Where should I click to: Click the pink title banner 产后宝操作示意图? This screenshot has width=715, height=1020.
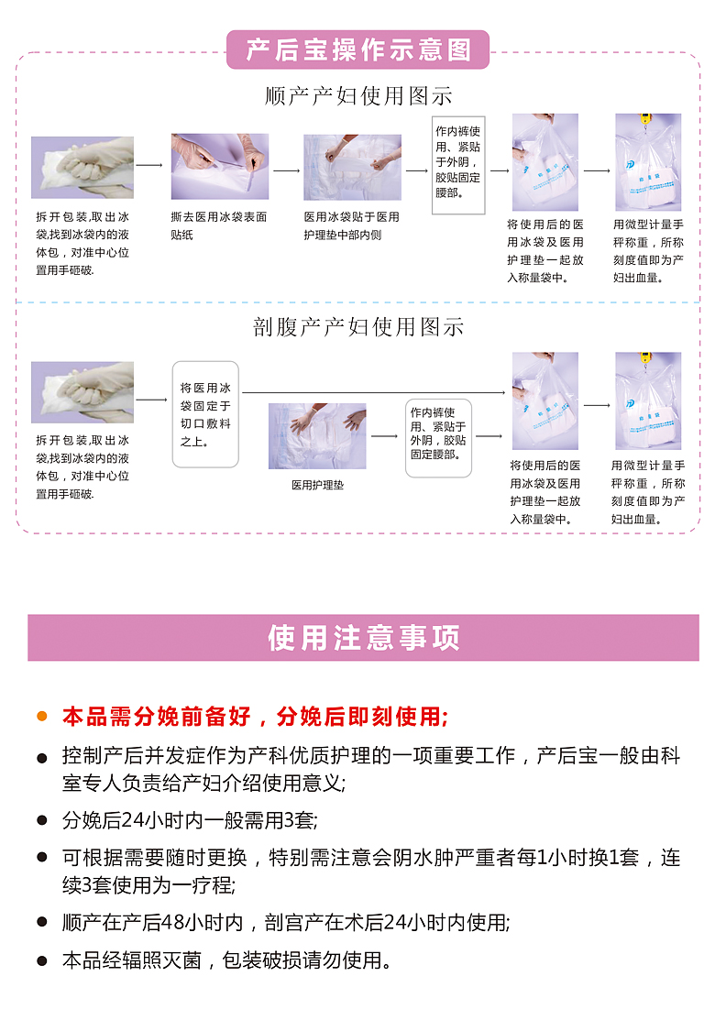coord(357,49)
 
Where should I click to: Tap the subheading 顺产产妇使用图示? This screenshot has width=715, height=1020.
coord(358,96)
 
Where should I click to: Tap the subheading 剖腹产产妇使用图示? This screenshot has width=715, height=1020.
coord(358,326)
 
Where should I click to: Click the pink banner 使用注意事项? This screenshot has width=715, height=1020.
coord(363,638)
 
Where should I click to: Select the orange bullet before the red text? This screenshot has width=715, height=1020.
coord(42,717)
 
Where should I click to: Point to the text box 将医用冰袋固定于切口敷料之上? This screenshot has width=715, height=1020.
coord(205,414)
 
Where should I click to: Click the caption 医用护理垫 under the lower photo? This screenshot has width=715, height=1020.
coord(317,485)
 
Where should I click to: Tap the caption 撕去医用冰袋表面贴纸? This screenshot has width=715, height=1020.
coord(218,225)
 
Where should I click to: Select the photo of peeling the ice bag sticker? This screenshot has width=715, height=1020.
coord(220,167)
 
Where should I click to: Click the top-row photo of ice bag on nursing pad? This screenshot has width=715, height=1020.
coord(353,167)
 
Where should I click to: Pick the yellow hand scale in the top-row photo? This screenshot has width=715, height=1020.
coord(645,118)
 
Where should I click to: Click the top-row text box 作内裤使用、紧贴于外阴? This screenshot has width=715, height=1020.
coord(458,165)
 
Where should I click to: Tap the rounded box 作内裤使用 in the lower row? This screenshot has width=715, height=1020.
coord(438,438)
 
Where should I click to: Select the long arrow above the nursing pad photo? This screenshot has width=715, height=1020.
coord(374,392)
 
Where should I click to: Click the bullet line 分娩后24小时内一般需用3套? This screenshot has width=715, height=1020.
coord(190,820)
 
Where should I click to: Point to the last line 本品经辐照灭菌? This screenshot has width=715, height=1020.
coord(227,960)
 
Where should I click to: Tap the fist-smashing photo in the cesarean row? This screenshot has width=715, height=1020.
coord(82,392)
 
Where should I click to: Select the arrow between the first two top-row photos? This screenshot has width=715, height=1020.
coord(149,165)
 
